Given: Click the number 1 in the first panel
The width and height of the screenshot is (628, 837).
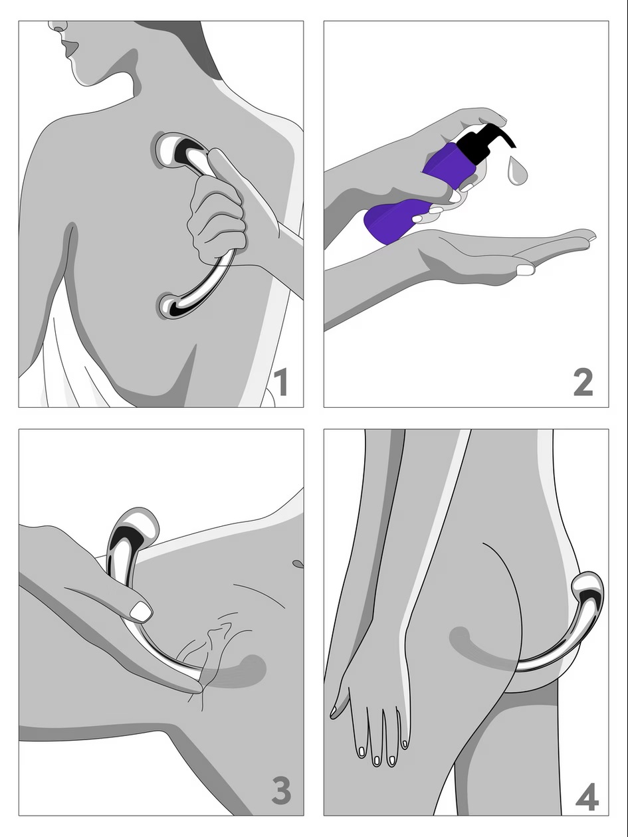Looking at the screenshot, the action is click(282, 382).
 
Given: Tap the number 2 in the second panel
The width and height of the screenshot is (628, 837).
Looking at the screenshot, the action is click(583, 382).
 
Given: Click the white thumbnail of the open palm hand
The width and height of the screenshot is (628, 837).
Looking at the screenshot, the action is click(526, 270).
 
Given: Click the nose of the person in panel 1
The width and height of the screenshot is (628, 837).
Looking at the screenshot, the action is click(57, 27).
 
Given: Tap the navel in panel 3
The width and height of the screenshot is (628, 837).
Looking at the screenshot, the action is click(298, 563).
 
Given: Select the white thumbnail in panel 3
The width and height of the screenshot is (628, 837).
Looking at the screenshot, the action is click(141, 611).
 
